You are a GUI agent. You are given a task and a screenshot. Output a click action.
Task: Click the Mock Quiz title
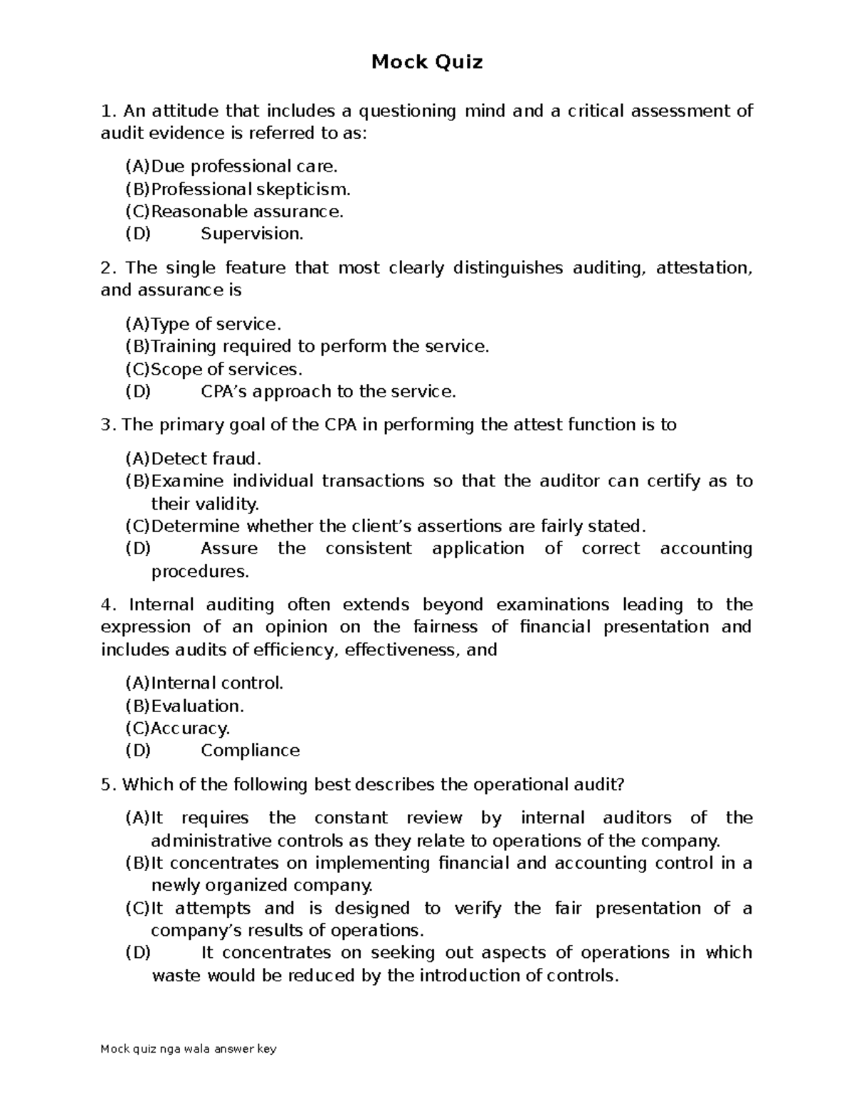pos(427,63)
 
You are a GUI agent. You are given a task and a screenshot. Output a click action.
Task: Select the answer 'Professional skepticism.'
pos(251,189)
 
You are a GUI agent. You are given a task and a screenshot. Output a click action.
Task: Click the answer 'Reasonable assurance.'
pos(247,212)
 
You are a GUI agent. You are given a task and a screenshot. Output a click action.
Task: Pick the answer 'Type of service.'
pos(216,325)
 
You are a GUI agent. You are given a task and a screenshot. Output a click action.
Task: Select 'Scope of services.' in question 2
pos(226,370)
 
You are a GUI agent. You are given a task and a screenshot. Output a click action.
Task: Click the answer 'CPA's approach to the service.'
pos(328,392)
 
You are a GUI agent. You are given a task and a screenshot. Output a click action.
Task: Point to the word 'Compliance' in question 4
pos(250,751)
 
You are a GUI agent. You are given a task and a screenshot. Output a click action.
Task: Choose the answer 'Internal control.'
pos(217,684)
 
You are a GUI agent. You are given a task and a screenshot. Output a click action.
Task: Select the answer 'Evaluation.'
pos(197,706)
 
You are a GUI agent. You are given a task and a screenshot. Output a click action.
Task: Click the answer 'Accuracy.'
pos(190,729)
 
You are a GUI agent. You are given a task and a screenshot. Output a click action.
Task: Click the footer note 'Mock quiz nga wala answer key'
pos(189,1049)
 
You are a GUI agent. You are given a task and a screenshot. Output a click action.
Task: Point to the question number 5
pos(107,785)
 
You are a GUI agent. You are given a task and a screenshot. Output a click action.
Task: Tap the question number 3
pos(107,425)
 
